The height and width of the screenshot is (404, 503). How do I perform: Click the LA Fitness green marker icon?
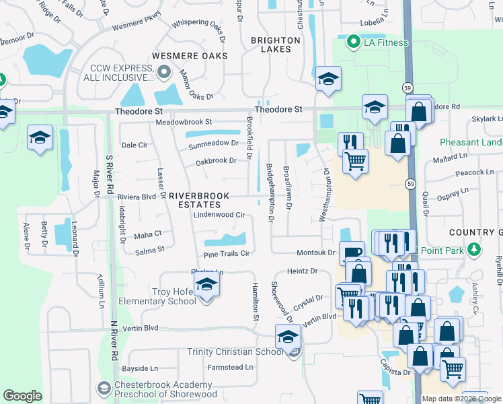[x=352, y=43]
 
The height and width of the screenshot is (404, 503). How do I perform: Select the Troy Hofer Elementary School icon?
[x=208, y=286]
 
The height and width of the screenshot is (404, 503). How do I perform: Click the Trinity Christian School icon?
[x=288, y=336]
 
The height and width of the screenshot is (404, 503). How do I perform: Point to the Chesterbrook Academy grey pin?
[x=103, y=389]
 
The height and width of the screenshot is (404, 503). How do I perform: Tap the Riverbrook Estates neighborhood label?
[x=194, y=200]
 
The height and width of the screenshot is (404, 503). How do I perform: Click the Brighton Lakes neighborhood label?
[x=276, y=44]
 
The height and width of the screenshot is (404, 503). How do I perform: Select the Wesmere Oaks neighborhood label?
[x=190, y=56]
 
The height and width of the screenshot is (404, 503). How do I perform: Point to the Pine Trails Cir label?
[x=227, y=254]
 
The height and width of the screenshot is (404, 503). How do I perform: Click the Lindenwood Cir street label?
[x=218, y=215]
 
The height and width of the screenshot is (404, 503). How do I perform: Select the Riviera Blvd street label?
[x=137, y=197]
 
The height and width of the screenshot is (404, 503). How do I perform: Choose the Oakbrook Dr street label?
[x=216, y=160]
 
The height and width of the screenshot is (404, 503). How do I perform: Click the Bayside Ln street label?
[x=140, y=368]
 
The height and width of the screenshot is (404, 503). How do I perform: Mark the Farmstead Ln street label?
[x=230, y=368]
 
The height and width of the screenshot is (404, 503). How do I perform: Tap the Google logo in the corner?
[x=22, y=396]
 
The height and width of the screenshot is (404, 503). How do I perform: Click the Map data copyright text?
[x=462, y=399]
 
